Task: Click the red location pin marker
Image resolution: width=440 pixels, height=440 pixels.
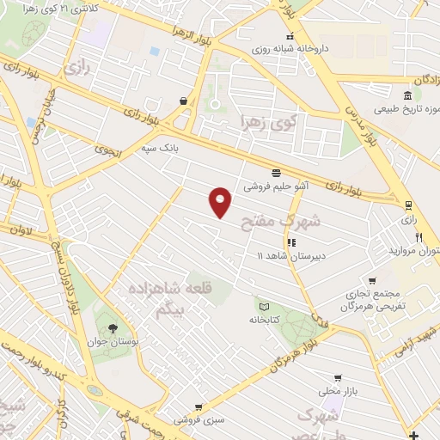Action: (221, 200)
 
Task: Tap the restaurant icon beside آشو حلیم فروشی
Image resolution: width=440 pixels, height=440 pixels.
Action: (276, 172)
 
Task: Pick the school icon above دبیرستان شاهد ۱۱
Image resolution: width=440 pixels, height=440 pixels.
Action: (292, 241)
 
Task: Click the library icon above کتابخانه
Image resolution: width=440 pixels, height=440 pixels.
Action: (264, 307)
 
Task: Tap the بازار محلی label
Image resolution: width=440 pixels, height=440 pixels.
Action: (338, 391)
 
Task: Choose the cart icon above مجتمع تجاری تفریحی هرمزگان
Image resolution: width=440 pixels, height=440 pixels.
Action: (371, 280)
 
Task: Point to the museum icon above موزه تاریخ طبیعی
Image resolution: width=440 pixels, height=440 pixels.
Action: (406, 95)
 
